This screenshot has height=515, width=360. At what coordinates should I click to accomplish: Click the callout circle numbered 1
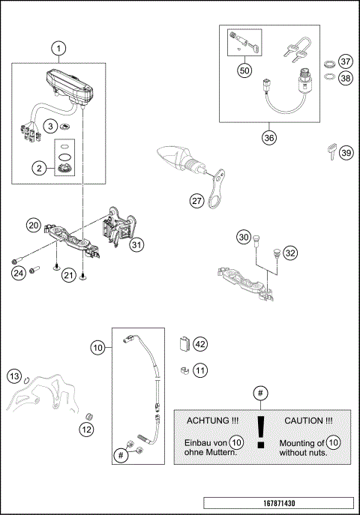pyautogui.click(x=59, y=48)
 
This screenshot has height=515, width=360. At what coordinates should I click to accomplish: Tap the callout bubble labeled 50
pyautogui.click(x=244, y=70)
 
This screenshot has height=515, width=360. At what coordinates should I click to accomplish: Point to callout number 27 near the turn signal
pyautogui.click(x=197, y=201)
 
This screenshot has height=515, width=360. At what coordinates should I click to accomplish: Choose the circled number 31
pyautogui.click(x=136, y=244)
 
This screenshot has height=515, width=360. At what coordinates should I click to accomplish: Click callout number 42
pyautogui.click(x=199, y=344)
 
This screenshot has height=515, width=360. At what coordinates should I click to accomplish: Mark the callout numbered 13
pyautogui.click(x=14, y=375)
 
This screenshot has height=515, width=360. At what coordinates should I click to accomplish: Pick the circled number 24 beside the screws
pyautogui.click(x=18, y=272)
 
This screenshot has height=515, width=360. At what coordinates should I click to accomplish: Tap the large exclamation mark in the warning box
pyautogui.click(x=260, y=433)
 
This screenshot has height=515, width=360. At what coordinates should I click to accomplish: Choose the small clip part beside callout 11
pyautogui.click(x=183, y=368)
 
